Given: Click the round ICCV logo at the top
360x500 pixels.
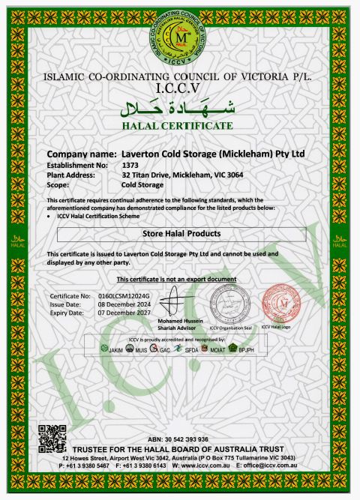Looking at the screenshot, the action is coord(180,37).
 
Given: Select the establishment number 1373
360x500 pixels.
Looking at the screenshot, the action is coord(130,164).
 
